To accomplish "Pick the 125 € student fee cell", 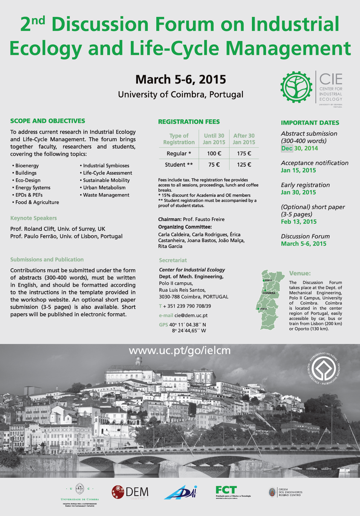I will tap(244, 165).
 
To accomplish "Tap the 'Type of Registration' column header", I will tap(179, 139).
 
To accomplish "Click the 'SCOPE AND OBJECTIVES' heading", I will tap(47, 121).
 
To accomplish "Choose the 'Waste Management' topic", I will tap(106, 195).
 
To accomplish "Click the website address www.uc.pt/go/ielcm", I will tap(180, 351).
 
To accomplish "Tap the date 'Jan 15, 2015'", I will tap(298, 171).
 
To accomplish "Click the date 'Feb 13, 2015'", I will tap(299, 222).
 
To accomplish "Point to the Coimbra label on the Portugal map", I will tap(269, 293).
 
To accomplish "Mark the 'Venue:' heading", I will tap(300, 273).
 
